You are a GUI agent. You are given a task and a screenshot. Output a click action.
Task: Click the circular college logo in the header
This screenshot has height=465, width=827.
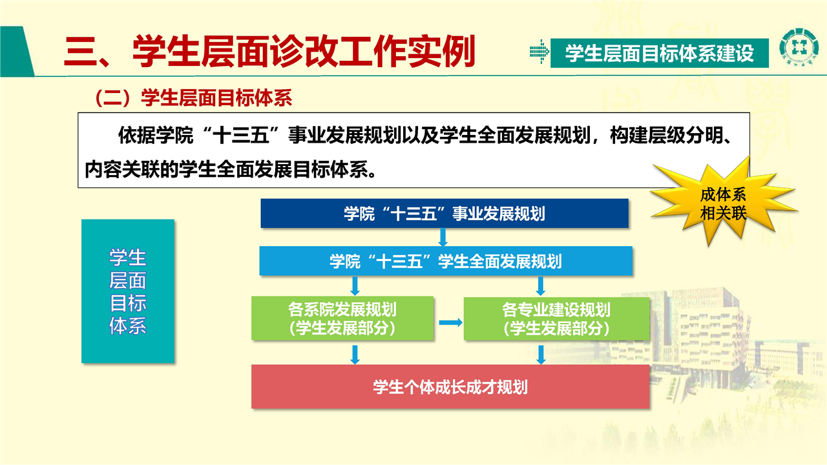pyautogui.click(x=799, y=48)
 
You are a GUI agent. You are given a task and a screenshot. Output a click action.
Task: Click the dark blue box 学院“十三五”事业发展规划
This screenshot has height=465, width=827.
pyautogui.click(x=445, y=213)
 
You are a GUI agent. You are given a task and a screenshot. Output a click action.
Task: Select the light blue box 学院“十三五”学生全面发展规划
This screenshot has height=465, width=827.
pyautogui.click(x=446, y=261)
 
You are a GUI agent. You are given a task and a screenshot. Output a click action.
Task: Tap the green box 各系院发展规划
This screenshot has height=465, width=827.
pyautogui.click(x=342, y=318)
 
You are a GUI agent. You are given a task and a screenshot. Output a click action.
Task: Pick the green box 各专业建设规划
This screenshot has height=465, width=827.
pyautogui.click(x=556, y=318)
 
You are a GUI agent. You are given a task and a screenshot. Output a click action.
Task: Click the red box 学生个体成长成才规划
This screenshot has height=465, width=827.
pyautogui.click(x=450, y=387)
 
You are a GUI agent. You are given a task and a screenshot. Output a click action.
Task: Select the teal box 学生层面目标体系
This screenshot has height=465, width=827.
pyautogui.click(x=128, y=291)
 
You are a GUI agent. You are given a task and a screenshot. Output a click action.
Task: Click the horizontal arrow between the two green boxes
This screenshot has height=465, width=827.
pyautogui.click(x=450, y=322)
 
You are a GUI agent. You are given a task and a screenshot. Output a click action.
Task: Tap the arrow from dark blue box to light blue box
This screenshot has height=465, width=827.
pyautogui.click(x=443, y=237)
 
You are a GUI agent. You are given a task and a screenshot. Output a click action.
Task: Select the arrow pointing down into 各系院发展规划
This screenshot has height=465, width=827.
pyautogui.click(x=355, y=286)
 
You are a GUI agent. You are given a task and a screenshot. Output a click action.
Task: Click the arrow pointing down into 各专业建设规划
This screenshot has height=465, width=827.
pyautogui.click(x=541, y=286)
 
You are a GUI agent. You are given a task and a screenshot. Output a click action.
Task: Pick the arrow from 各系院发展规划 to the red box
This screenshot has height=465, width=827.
pyautogui.click(x=355, y=355)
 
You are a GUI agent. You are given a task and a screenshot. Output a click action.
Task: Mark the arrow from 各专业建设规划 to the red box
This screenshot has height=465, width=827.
pyautogui.click(x=541, y=355)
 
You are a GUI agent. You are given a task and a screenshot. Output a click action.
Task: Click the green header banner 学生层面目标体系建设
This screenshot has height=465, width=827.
pyautogui.click(x=660, y=53)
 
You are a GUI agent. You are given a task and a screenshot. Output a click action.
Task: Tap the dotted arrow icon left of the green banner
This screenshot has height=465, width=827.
pyautogui.click(x=539, y=52)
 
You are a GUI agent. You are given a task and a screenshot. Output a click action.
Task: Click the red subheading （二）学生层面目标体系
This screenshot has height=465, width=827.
pyautogui.click(x=193, y=98)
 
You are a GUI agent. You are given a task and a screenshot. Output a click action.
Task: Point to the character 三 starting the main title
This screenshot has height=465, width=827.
pyautogui.click(x=79, y=52)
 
